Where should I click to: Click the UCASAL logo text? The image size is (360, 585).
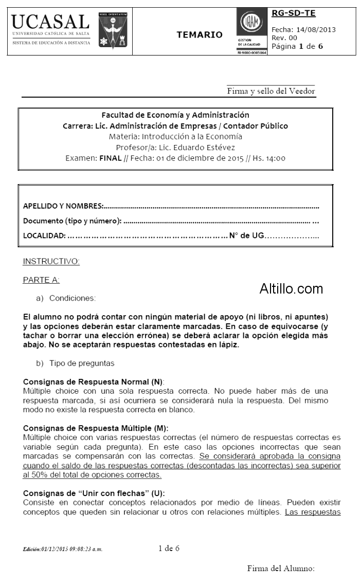click(x=50, y=22)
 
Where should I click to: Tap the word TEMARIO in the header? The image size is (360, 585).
click(x=200, y=34)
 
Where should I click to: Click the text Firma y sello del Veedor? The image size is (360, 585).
click(x=271, y=92)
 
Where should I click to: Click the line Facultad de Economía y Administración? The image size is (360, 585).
click(x=175, y=115)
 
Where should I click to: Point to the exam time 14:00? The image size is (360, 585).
click(x=275, y=158)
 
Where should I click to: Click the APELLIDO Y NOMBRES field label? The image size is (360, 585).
click(x=63, y=206)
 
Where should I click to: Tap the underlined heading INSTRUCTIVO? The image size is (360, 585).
click(x=51, y=262)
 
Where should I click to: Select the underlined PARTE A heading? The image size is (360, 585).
click(x=41, y=280)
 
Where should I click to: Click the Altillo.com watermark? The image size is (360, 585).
click(x=291, y=288)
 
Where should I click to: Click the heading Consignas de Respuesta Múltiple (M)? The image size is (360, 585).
click(x=96, y=428)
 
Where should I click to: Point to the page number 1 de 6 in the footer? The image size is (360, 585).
click(x=169, y=548)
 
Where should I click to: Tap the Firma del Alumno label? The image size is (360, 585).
click(x=280, y=568)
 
